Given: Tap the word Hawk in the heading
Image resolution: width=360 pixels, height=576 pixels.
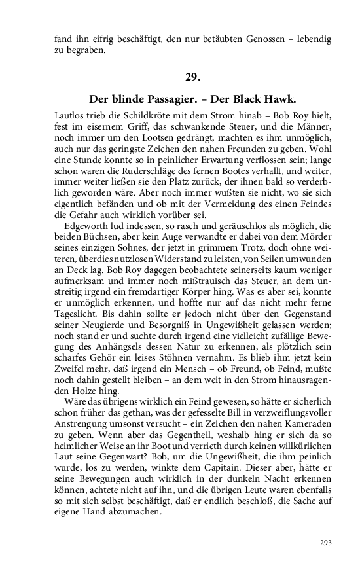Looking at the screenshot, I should coord(279,99).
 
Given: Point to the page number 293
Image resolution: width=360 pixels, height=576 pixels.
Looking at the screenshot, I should coord(325,543).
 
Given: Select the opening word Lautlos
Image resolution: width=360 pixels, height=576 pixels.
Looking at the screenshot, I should coord(70,115).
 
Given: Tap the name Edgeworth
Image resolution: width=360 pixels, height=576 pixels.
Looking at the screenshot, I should coord(86,226).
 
